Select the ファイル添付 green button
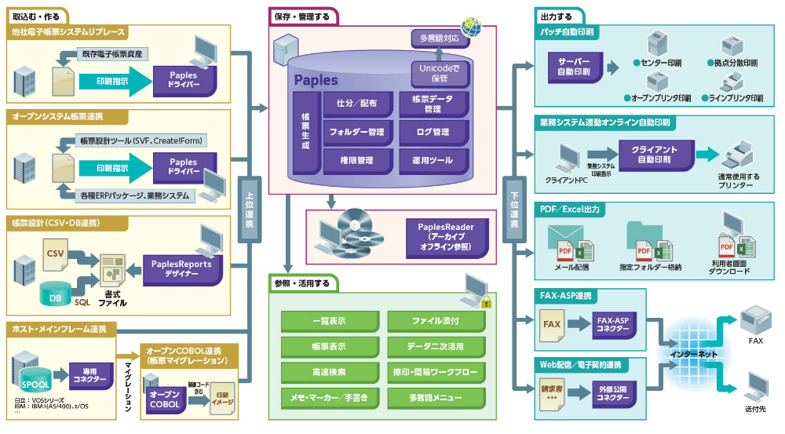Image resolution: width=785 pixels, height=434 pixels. (436, 321)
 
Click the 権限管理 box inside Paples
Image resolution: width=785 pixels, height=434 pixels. (356, 160)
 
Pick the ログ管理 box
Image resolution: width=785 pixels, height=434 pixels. (433, 132)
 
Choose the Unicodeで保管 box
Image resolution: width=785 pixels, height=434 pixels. (439, 74)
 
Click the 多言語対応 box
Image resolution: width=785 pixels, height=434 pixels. (439, 38)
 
